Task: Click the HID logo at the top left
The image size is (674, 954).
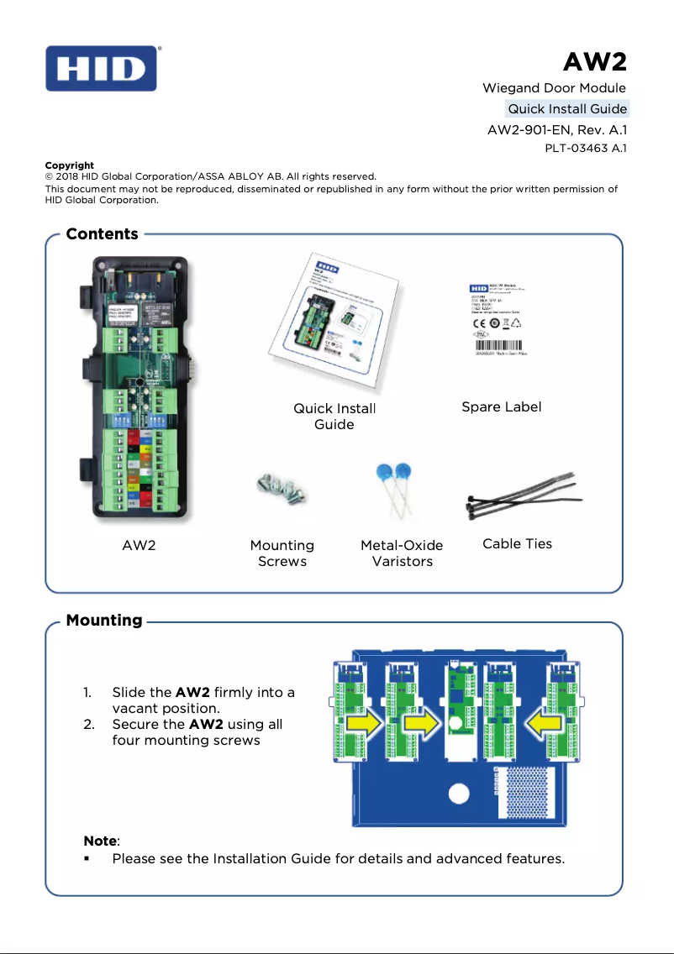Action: point(101,68)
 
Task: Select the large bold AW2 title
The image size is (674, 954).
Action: point(595,62)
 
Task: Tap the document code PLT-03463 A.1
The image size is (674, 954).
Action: point(586,149)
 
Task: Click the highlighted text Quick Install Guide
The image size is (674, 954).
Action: point(566,109)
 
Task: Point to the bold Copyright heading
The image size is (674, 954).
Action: point(69,165)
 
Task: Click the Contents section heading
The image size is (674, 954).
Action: point(102,234)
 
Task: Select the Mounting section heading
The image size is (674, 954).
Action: point(103,621)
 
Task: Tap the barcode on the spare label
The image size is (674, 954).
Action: point(500,346)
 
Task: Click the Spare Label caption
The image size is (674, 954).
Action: point(501,407)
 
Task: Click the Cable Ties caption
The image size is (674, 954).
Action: point(517,544)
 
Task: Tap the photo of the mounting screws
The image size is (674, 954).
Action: point(281,489)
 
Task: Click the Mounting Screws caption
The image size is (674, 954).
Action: point(282,553)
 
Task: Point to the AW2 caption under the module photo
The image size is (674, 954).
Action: point(139,545)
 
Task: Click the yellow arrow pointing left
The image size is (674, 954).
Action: point(535,722)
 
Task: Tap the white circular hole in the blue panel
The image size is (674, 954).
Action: point(458,794)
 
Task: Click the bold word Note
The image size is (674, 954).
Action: point(101,841)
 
